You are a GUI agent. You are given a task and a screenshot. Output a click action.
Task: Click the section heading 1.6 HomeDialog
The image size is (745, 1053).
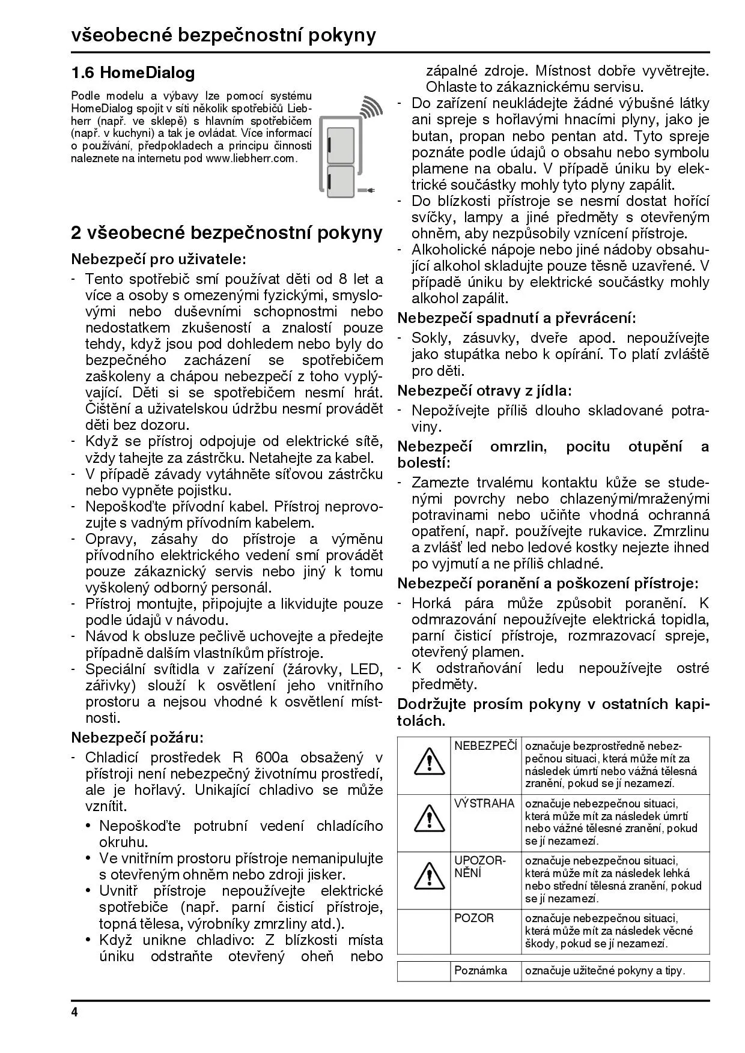133,73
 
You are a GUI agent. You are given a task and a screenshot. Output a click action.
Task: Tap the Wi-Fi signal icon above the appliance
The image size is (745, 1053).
370,107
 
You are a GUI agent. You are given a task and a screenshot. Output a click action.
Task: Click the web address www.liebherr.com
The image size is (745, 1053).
251,158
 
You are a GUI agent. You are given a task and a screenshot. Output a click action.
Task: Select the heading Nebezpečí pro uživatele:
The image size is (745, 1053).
159,259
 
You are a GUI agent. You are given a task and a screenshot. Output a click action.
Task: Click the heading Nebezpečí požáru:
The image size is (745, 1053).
138,737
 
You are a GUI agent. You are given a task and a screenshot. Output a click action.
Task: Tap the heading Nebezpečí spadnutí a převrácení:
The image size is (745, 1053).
517,318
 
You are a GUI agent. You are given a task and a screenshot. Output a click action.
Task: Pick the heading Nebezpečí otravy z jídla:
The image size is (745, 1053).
485,391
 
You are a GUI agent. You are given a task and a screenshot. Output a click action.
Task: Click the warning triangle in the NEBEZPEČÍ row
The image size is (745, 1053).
424,761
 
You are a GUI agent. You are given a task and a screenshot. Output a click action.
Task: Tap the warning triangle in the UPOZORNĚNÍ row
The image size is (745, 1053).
424,876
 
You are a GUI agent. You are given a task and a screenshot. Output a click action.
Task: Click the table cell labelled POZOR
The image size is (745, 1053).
474,918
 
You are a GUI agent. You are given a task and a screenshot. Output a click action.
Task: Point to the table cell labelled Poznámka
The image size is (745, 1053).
481,970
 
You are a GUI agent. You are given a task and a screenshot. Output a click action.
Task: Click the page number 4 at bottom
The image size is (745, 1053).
74,1013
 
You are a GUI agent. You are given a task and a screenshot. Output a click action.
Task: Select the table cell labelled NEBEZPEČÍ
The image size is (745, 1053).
485,746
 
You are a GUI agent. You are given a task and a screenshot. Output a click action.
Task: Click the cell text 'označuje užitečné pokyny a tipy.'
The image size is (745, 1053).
605,970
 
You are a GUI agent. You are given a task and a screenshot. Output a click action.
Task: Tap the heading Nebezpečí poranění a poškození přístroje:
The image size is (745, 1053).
548,583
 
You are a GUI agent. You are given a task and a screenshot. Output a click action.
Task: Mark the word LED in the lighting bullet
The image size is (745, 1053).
366,669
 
